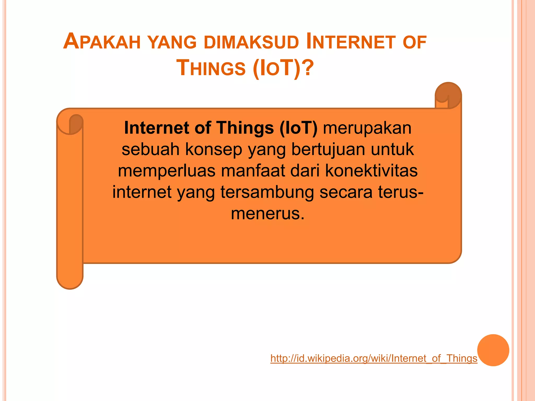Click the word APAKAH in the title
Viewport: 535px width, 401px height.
pyautogui.click(x=102, y=42)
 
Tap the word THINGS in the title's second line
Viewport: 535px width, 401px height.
pyautogui.click(x=211, y=68)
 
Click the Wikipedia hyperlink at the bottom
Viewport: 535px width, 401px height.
pyautogui.click(x=374, y=358)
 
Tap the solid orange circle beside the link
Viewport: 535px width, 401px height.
pyautogui.click(x=493, y=350)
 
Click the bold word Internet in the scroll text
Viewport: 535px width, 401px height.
pyautogui.click(x=156, y=128)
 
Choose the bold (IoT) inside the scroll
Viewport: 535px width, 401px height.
pyautogui.click(x=298, y=128)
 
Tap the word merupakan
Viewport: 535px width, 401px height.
pyautogui.click(x=367, y=128)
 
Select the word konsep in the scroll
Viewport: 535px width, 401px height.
pyautogui.click(x=213, y=150)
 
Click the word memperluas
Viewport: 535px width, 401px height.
pyautogui.click(x=167, y=171)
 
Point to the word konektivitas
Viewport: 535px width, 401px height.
pyautogui.click(x=371, y=171)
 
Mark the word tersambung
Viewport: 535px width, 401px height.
pyautogui.click(x=267, y=192)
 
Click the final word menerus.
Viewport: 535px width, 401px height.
pyautogui.click(x=267, y=214)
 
